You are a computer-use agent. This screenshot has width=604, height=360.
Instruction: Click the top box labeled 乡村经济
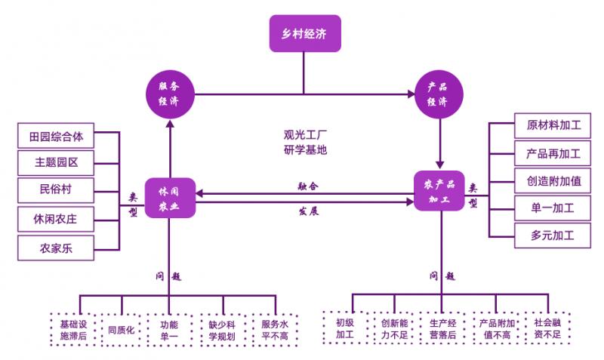(x=304, y=33)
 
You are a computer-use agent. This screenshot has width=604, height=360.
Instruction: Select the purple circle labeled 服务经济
(x=169, y=94)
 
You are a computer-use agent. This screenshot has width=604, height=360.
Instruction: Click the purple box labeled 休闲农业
(x=169, y=198)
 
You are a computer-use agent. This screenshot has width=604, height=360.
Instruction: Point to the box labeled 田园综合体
(x=56, y=137)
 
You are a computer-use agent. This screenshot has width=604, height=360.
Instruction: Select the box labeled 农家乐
(x=56, y=247)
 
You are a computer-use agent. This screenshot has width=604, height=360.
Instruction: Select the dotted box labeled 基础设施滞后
(x=73, y=330)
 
